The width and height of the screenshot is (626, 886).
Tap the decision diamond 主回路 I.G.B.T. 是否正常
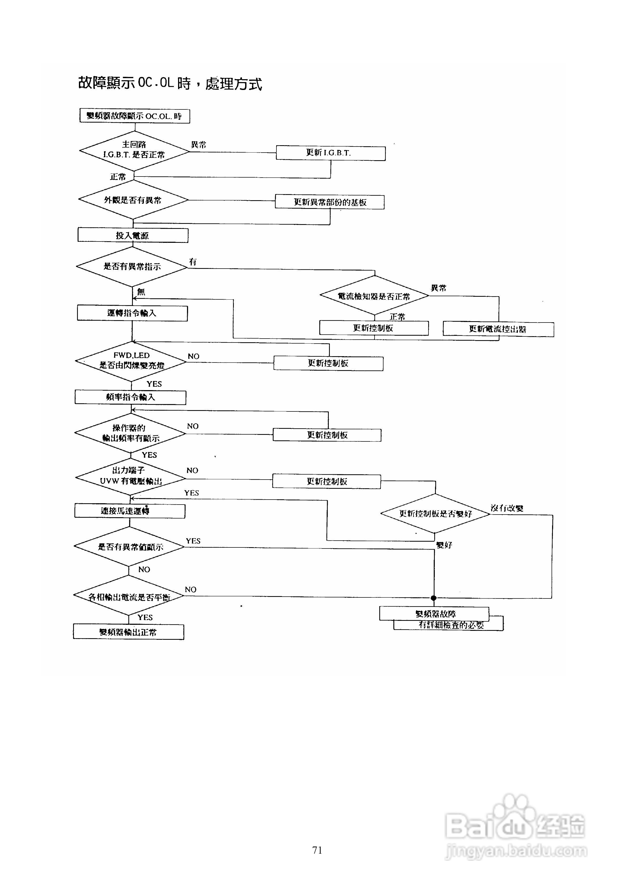coord(134,150)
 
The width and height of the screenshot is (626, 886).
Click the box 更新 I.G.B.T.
coord(330,153)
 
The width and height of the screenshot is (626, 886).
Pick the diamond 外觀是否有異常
coord(133,200)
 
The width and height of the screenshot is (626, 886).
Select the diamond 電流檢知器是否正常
coord(374,296)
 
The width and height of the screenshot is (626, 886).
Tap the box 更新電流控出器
coord(498,329)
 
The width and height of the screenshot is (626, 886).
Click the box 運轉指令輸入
coord(132,313)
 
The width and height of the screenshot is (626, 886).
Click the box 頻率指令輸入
coord(130,397)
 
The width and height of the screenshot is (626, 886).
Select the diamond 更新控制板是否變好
coord(435,514)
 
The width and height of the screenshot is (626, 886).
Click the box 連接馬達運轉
coord(130,511)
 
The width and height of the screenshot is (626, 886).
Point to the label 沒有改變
coord(507,508)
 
